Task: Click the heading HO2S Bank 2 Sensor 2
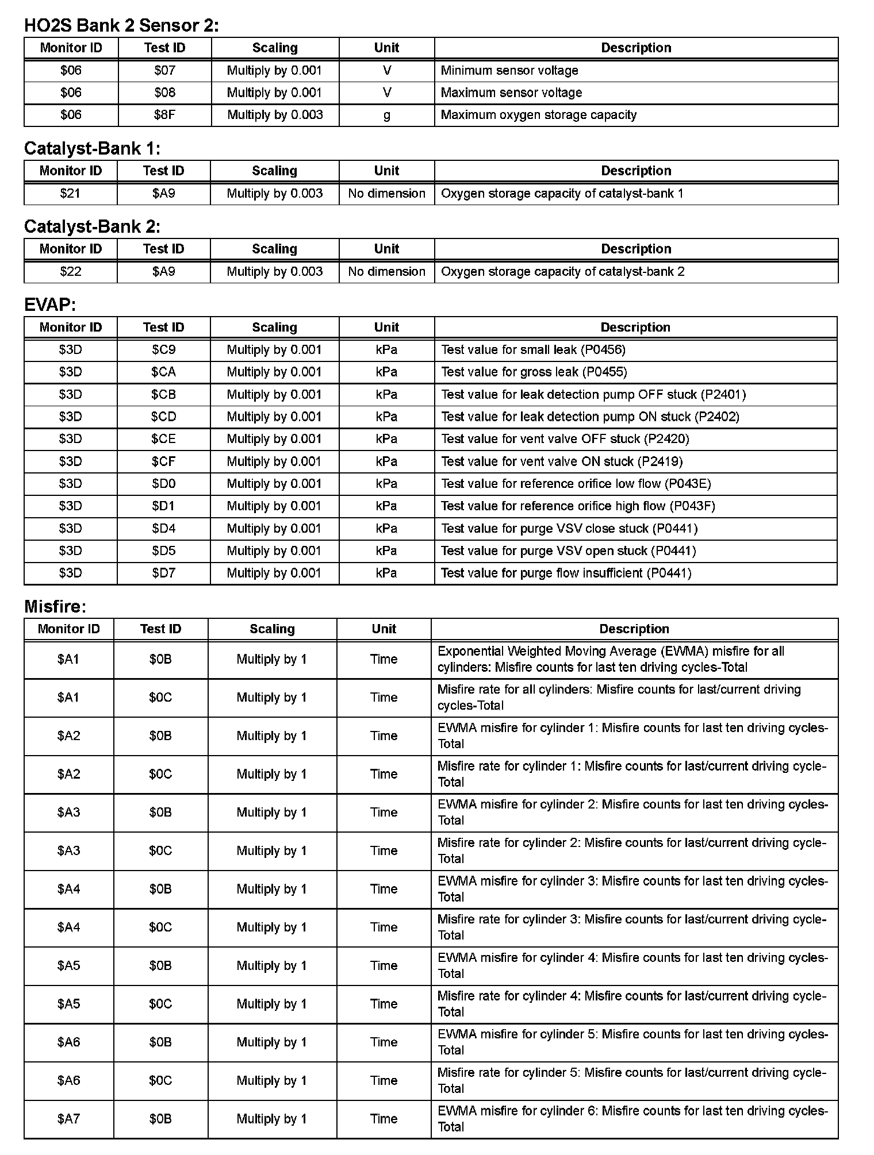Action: (121, 25)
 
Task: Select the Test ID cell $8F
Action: (164, 115)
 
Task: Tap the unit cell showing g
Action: (386, 115)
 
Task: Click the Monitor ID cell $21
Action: (70, 194)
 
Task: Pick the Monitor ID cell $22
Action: (70, 272)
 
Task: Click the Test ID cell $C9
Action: (163, 350)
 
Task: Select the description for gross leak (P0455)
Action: (534, 372)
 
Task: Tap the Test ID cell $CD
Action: (163, 417)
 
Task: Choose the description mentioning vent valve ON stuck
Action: (562, 461)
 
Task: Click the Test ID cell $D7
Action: (163, 573)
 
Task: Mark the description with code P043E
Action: (576, 484)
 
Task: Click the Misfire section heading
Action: (55, 606)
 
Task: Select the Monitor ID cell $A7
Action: (68, 1119)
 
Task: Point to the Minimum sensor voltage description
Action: (509, 71)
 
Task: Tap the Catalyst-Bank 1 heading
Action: (92, 149)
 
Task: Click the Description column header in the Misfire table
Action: (634, 629)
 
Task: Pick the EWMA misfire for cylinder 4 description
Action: (632, 965)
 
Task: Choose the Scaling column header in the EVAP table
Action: (274, 328)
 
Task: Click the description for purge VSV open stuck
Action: (568, 551)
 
